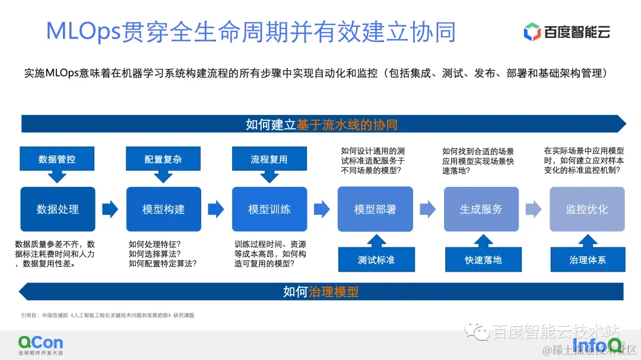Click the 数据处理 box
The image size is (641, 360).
coord(58,209)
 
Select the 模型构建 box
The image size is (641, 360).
coord(163,209)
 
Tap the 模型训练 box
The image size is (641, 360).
coord(269,209)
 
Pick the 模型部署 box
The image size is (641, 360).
coord(375,209)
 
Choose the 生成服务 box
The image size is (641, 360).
coord(481,209)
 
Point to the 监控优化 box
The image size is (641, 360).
coord(587,209)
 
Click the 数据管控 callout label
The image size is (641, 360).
coord(57,159)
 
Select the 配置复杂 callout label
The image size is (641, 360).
coord(163,159)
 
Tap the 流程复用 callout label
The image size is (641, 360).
coord(269,159)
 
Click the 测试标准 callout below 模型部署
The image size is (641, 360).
coord(376,260)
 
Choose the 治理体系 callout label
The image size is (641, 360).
coord(588,260)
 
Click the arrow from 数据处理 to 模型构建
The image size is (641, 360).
coord(110,209)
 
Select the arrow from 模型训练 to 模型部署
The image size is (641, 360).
coord(322,209)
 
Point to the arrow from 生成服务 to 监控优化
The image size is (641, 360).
coord(534,209)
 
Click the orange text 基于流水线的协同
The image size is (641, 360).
coord(347,125)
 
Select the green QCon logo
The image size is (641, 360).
coord(40,343)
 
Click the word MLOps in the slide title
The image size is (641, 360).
coord(83,31)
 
